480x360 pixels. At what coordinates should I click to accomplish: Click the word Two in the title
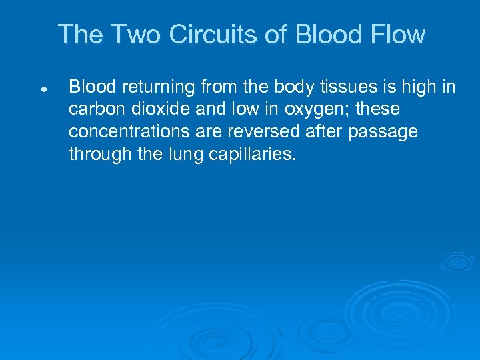pyautogui.click(x=137, y=35)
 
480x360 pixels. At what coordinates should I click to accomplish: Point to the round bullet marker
pyautogui.click(x=42, y=88)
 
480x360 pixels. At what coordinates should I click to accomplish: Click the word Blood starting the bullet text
pyautogui.click(x=91, y=87)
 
